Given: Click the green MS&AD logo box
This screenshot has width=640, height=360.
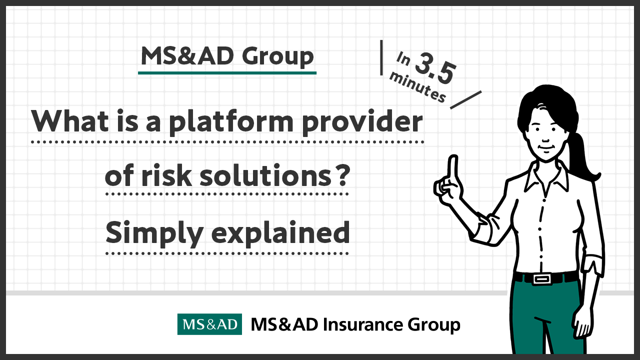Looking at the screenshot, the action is tap(209, 324).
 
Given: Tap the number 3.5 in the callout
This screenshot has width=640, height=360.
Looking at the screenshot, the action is tap(435, 68).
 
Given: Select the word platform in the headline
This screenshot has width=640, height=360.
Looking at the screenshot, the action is tap(231, 122).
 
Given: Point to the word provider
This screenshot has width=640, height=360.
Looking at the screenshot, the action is tap(362, 122).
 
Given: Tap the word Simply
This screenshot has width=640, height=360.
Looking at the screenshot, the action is tap(154, 233).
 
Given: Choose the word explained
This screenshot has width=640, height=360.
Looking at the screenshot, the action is tap(280, 233).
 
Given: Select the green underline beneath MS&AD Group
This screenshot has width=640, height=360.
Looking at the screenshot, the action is tap(227, 73).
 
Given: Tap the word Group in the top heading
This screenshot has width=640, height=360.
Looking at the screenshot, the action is tap(277, 57).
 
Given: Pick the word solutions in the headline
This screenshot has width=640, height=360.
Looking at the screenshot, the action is tap(265, 175).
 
